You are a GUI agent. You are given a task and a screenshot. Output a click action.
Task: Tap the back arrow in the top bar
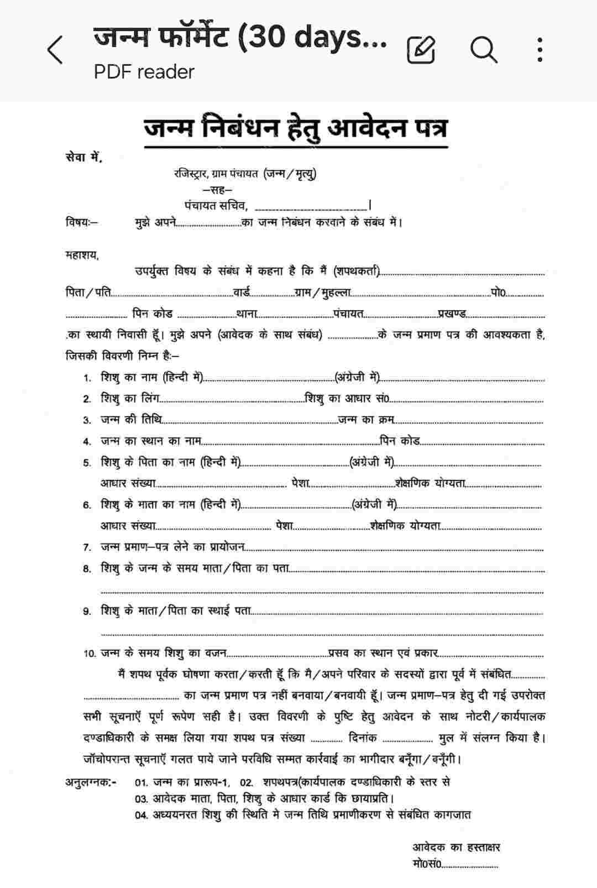[55, 50]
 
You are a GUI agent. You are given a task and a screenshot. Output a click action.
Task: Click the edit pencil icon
[421, 50]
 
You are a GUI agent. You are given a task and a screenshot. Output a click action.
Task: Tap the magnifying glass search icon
[484, 50]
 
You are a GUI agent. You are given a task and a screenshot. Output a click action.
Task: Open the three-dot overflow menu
[540, 50]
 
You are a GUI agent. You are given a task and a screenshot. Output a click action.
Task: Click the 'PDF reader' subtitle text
[144, 72]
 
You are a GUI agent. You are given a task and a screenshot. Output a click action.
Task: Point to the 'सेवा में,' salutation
[83, 158]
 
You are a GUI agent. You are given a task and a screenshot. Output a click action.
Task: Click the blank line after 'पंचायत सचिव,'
[311, 207]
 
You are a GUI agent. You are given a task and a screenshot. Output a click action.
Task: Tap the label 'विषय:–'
[82, 223]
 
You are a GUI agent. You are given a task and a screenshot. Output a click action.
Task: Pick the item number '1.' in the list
[87, 378]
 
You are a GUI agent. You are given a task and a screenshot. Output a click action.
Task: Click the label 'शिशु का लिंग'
[129, 399]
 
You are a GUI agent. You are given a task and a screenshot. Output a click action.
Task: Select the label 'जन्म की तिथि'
[131, 420]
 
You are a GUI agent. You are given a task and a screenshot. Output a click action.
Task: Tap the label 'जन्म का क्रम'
[366, 420]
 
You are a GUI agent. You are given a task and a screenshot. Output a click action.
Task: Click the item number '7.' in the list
[87, 547]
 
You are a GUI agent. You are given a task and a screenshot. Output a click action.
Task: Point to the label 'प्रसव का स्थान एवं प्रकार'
[383, 653]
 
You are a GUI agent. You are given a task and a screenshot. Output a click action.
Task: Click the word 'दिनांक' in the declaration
[363, 738]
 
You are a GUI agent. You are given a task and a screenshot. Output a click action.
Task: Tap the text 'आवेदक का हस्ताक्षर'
[456, 847]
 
